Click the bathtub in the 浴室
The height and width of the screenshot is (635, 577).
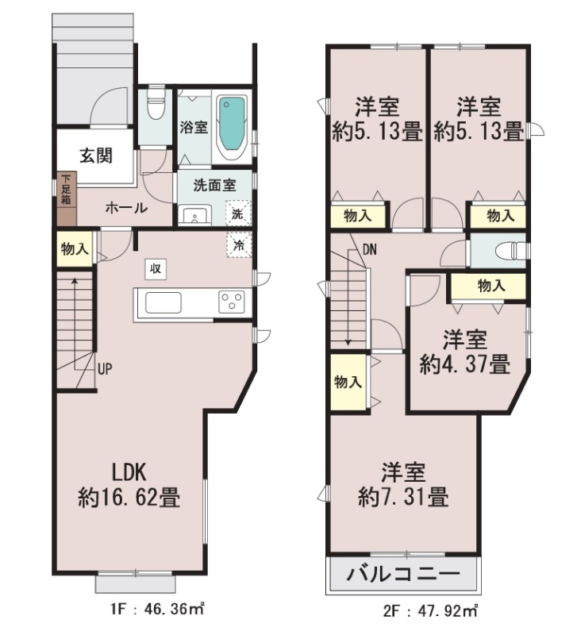[233, 127]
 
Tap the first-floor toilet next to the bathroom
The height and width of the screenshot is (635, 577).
[156, 104]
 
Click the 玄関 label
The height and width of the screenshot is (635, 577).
[96, 156]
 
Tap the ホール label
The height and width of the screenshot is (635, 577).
[126, 209]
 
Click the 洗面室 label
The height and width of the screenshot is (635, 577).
[214, 186]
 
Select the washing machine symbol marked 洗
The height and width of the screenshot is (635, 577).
[237, 213]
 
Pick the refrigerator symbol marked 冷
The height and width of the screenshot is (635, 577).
[239, 244]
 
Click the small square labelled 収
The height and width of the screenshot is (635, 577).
[156, 268]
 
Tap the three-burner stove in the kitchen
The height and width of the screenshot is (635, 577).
[232, 302]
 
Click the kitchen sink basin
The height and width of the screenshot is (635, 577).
[163, 302]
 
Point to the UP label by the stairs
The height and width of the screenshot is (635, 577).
[105, 369]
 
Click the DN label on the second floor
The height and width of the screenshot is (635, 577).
[370, 250]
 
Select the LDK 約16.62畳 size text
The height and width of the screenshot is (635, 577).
[129, 485]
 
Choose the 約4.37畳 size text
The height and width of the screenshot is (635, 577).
[465, 364]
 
